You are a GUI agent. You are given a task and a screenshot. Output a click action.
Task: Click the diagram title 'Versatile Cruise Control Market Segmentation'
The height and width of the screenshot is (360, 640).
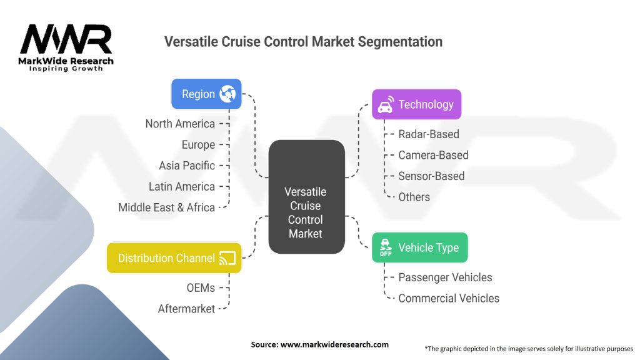(303, 42)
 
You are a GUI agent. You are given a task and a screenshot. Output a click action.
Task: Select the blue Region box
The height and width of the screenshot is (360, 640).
(206, 94)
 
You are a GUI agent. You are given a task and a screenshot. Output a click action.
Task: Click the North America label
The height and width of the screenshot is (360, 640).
(180, 124)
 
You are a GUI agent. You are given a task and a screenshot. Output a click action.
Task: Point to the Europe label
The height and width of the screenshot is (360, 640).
(198, 144)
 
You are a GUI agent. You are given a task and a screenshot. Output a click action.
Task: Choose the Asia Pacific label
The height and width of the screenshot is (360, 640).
(187, 166)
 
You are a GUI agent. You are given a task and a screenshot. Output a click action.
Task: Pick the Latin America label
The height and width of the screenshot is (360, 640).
(182, 186)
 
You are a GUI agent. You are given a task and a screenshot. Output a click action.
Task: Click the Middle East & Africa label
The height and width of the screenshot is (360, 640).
(167, 207)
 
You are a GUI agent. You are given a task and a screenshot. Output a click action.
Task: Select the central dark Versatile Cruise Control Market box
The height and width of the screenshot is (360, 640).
(306, 197)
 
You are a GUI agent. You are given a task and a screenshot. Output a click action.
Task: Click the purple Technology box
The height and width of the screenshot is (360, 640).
(416, 104)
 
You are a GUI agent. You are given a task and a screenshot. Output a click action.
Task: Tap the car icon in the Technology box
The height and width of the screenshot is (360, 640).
(386, 104)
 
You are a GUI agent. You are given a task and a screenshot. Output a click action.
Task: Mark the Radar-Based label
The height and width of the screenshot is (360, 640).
(429, 134)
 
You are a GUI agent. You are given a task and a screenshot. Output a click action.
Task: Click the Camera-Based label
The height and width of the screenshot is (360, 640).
(433, 155)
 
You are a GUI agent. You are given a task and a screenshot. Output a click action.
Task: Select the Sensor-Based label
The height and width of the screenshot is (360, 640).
(431, 176)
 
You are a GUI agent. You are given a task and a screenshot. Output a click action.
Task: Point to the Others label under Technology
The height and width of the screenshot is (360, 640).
(414, 197)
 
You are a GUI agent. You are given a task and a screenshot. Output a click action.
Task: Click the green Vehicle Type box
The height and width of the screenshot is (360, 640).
(419, 247)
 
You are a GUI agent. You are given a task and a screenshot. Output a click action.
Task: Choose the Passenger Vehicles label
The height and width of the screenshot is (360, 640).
(446, 277)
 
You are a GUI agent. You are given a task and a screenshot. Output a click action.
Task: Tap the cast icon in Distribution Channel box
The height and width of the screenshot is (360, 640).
(227, 258)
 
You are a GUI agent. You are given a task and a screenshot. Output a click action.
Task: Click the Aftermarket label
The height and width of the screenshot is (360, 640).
(187, 309)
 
